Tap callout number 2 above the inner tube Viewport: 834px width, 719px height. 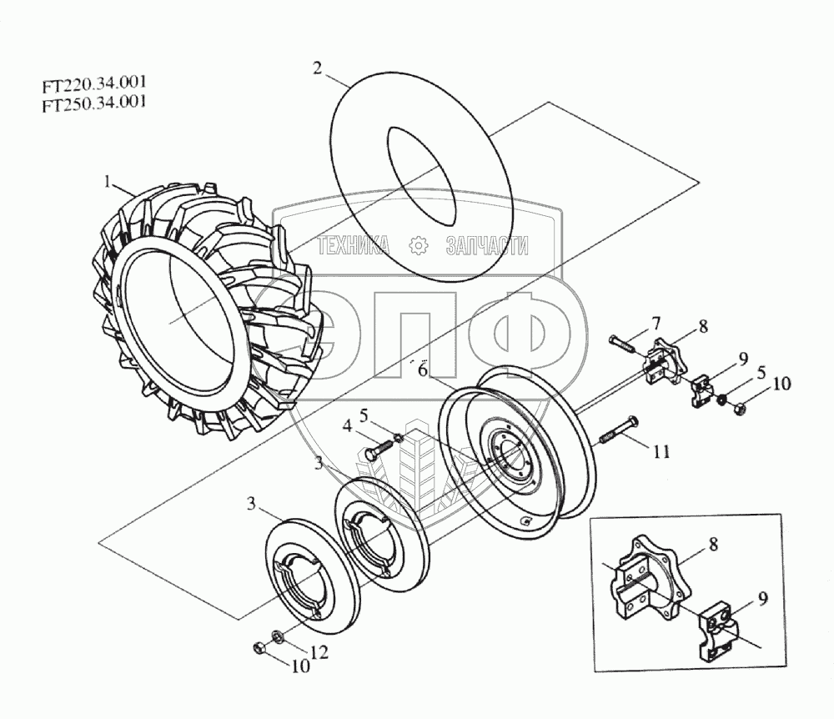[317, 70]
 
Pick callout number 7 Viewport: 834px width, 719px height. [656, 323]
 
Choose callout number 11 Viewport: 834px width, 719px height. [661, 452]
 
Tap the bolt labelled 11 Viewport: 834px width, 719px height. [617, 431]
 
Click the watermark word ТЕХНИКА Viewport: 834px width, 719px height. [354, 245]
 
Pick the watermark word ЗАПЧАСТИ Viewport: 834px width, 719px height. [488, 245]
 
